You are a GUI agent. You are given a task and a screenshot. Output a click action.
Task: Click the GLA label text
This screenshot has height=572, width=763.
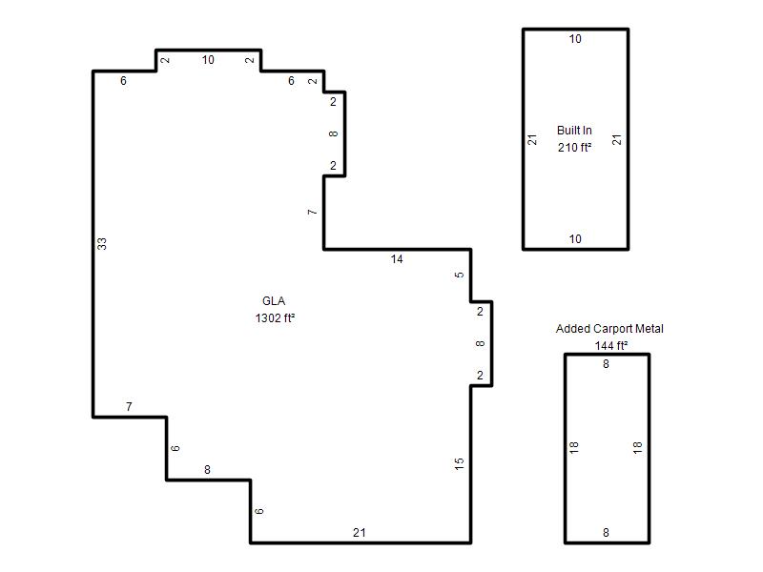[274, 301]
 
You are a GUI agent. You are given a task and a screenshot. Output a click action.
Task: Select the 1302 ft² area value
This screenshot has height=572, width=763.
[275, 318]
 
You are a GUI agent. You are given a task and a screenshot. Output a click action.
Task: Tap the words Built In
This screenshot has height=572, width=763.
[574, 131]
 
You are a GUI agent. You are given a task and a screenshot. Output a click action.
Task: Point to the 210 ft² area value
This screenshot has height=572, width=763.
[575, 147]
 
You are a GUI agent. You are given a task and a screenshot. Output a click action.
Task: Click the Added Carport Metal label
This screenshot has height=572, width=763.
[609, 329]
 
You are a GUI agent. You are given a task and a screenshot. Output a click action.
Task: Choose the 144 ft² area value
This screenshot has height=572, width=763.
[611, 345]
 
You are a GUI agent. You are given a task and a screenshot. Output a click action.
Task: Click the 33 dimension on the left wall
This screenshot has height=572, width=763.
[102, 244]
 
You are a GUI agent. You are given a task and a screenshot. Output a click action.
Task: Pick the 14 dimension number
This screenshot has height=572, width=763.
[397, 259]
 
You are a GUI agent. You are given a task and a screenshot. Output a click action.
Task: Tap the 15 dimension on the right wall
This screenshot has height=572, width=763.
[460, 464]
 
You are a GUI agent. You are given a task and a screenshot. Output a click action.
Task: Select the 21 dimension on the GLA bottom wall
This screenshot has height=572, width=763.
[360, 533]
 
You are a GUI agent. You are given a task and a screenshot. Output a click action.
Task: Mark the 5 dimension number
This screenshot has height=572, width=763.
[460, 275]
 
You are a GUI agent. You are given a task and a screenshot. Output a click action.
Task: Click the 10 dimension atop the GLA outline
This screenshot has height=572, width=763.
[208, 60]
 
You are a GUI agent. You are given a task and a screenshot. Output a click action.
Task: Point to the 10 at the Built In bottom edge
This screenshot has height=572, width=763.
[575, 239]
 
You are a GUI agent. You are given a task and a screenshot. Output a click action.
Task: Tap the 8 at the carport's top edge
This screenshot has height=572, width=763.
[606, 364]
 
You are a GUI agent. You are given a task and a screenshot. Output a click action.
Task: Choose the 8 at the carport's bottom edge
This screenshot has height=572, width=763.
[606, 533]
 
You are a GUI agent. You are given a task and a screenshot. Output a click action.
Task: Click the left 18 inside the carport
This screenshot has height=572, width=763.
[574, 447]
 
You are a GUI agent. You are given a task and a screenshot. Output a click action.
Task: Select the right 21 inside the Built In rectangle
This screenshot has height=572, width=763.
[617, 139]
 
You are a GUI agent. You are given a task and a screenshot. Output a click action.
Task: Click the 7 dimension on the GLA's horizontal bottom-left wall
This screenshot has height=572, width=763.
[129, 407]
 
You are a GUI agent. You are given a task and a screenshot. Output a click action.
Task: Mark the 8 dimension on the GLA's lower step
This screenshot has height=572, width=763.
[207, 470]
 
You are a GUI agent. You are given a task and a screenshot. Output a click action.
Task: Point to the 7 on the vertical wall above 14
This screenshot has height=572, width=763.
[313, 212]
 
